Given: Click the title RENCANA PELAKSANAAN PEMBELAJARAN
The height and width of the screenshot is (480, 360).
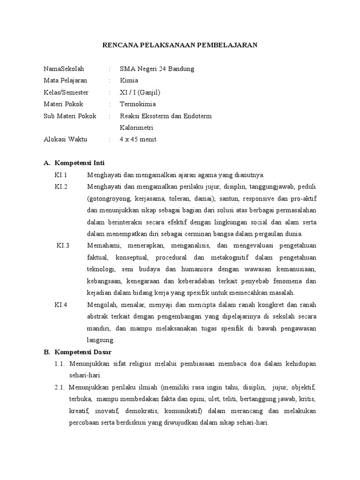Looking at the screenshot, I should [180, 45].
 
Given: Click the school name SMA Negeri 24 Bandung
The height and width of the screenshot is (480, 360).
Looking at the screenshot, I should [157, 69].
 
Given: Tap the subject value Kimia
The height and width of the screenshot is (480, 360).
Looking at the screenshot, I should [129, 81].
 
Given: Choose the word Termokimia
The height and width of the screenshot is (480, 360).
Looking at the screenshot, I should [138, 104].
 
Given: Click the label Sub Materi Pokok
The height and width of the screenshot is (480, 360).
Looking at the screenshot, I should [69, 116].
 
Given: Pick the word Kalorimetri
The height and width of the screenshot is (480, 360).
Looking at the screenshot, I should [136, 127].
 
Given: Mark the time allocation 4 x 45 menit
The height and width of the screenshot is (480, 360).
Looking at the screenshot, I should [138, 139].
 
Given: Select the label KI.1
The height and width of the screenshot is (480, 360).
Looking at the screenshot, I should [61, 175].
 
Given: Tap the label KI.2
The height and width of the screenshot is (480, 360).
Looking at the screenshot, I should [61, 187].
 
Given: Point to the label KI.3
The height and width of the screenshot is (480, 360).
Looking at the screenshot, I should [63, 246].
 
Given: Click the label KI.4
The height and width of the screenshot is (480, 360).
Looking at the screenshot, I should [61, 305].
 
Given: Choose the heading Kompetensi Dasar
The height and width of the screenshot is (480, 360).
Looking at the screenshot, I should [83, 352].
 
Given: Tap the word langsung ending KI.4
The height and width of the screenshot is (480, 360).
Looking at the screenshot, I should [100, 340].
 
